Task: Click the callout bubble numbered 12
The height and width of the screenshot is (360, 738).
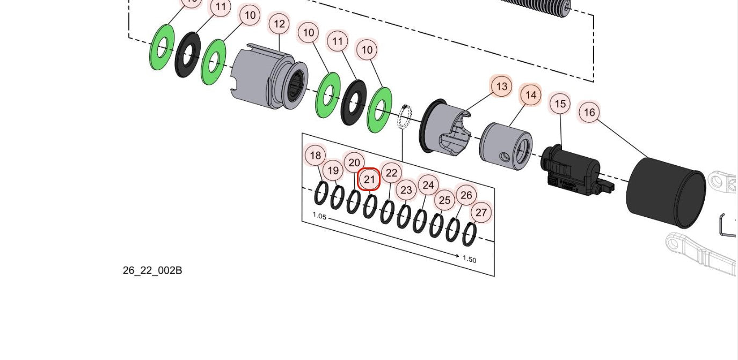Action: point(279,24)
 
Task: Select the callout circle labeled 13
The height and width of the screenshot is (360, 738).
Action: point(501,86)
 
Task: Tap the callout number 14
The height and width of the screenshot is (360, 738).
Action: point(531,95)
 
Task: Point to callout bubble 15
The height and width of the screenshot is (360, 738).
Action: point(560,104)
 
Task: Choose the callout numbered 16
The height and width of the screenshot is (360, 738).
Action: point(589,113)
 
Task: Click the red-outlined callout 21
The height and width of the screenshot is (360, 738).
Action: point(369,179)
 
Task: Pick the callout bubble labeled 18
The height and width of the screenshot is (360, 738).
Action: point(316,156)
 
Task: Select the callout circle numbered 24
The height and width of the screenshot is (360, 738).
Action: point(428,186)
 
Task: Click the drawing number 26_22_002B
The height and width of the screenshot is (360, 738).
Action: point(152,270)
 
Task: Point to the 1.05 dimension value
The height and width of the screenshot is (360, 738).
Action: point(319,216)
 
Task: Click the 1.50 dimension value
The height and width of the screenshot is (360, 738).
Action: point(469,259)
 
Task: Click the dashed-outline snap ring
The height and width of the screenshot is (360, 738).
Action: point(406,117)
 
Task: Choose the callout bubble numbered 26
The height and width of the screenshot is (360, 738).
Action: point(466,195)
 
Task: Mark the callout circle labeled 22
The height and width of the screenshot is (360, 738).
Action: point(392,173)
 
